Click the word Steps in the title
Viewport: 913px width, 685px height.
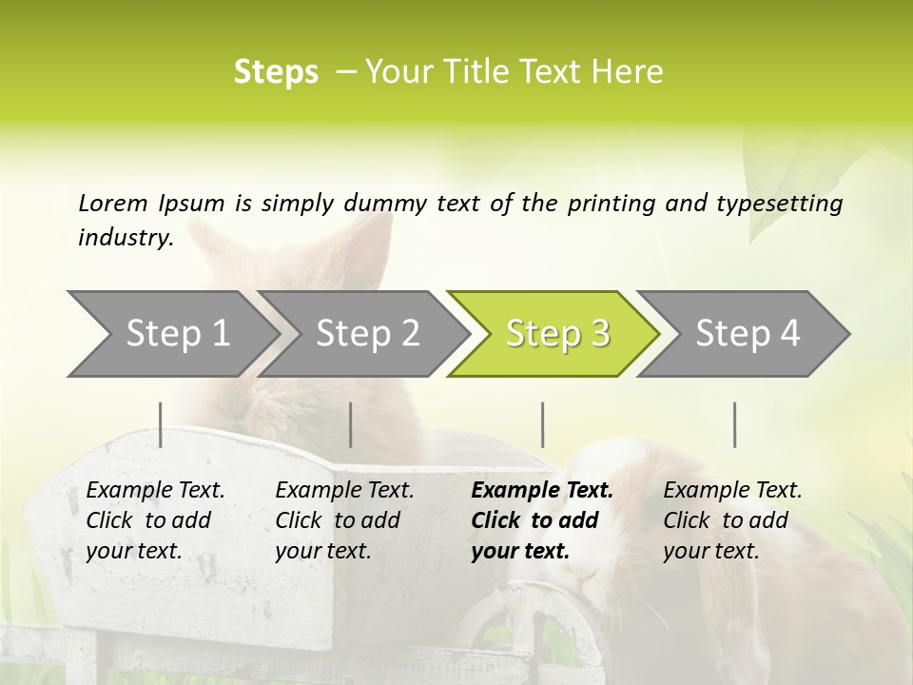pyautogui.click(x=276, y=72)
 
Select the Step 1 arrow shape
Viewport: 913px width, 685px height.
pyautogui.click(x=171, y=333)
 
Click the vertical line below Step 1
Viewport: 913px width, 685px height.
pyautogui.click(x=161, y=424)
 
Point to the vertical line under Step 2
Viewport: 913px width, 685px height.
pyautogui.click(x=351, y=424)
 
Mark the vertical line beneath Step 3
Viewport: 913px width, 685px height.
pyautogui.click(x=543, y=424)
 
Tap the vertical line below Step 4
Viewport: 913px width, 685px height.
pyautogui.click(x=735, y=424)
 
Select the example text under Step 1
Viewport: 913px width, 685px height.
pyautogui.click(x=155, y=520)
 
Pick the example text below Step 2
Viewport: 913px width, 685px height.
pyautogui.click(x=344, y=520)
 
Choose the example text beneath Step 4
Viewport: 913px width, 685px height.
pyautogui.click(x=732, y=520)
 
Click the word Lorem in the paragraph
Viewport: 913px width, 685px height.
pyautogui.click(x=113, y=204)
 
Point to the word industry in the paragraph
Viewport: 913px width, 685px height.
pyautogui.click(x=125, y=238)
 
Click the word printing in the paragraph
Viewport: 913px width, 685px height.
pyautogui.click(x=609, y=204)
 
